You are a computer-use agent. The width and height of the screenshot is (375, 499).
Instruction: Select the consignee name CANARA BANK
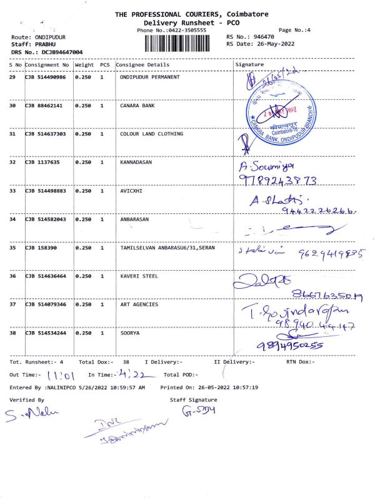coord(137,105)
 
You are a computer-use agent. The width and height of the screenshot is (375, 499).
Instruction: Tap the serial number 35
coord(12,248)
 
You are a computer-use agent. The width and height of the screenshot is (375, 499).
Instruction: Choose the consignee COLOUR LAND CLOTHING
coord(152,134)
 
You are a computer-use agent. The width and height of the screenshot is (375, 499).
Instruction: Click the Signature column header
coord(249,65)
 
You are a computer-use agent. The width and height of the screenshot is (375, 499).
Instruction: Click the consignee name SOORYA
coord(130,333)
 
